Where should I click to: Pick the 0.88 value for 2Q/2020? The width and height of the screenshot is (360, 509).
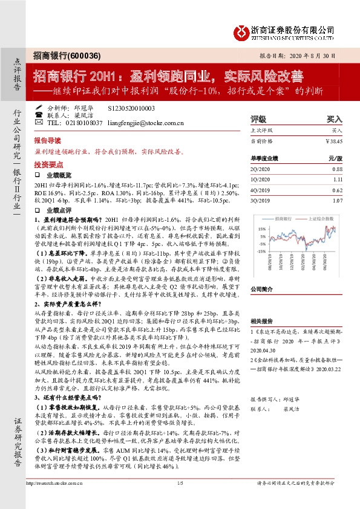337,169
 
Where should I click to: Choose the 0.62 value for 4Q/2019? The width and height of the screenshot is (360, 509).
337,190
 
